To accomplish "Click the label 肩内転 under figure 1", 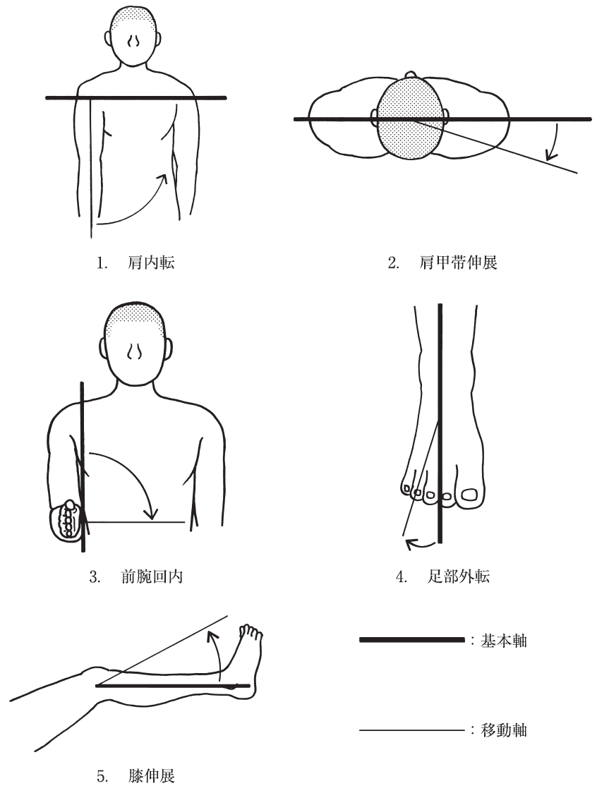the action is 151,262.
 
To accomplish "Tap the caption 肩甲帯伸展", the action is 458,262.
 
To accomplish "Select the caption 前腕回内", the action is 152,576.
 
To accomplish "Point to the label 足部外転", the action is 459,576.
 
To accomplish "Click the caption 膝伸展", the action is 152,777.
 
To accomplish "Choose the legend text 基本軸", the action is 503,641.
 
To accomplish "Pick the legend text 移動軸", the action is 503,730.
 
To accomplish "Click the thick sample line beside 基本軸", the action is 412,640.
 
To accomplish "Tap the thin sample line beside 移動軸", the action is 412,730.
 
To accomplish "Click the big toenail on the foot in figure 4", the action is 469,494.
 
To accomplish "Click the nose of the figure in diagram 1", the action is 134,41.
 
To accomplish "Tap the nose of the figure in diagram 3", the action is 134,351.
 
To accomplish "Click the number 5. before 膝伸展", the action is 103,777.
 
